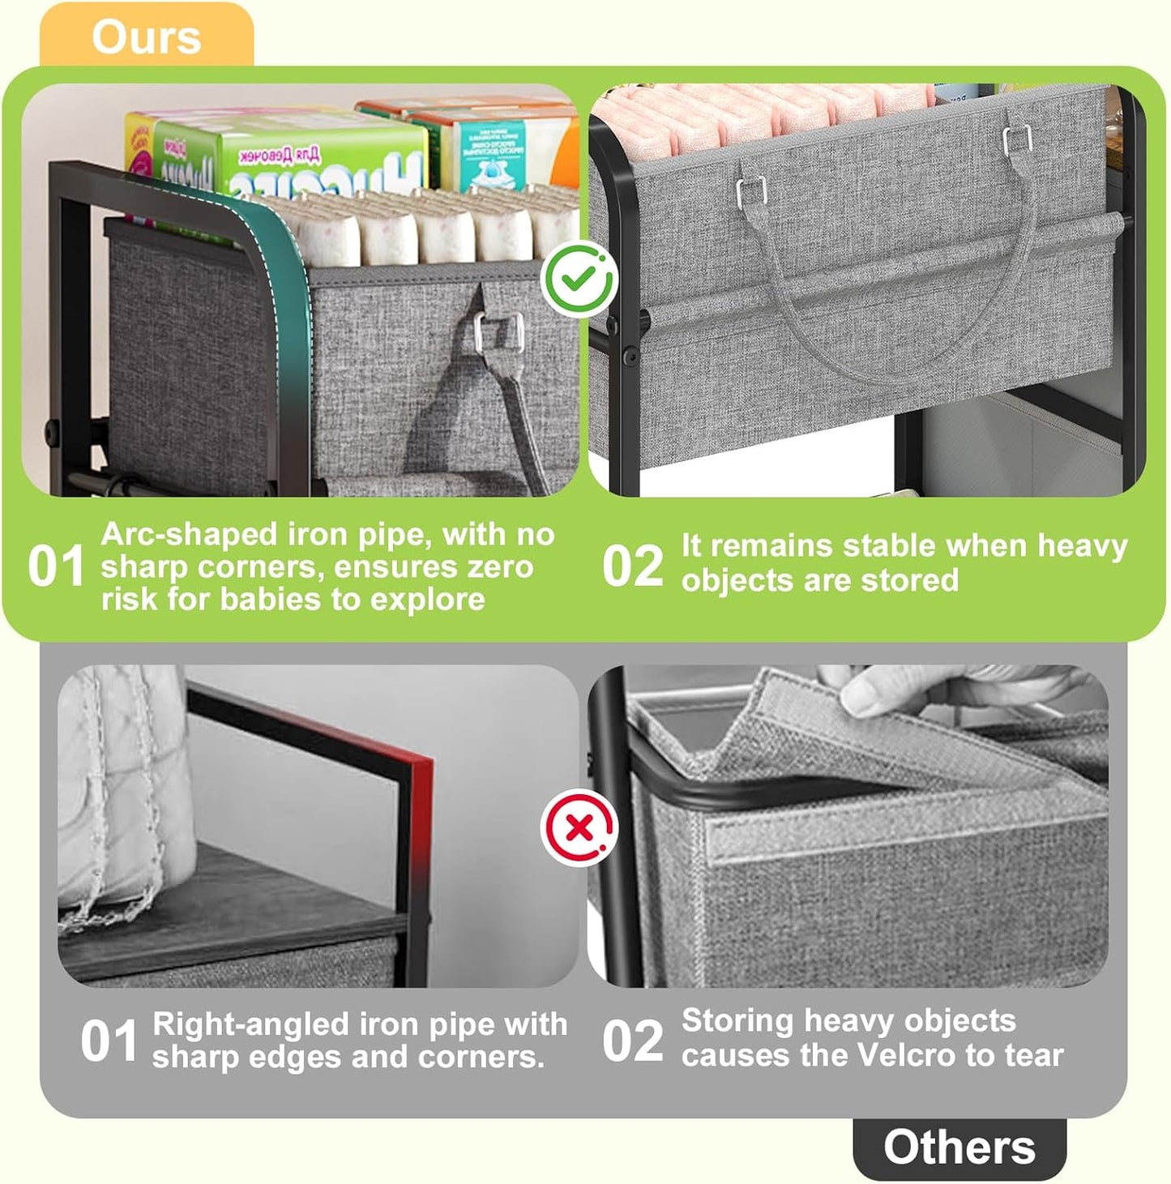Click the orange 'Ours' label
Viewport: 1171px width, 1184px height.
tap(146, 36)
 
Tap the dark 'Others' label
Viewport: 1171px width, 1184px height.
tap(959, 1148)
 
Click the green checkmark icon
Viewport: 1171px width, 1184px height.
tap(579, 280)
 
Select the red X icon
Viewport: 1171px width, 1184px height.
tap(579, 828)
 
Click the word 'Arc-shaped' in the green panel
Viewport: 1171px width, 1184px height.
tap(188, 535)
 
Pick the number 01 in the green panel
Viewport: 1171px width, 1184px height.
tap(56, 566)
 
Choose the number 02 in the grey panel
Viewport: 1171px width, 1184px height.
tap(632, 1041)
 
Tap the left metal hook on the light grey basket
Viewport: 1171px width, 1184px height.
tap(751, 192)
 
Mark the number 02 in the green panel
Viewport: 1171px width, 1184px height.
tap(632, 566)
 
